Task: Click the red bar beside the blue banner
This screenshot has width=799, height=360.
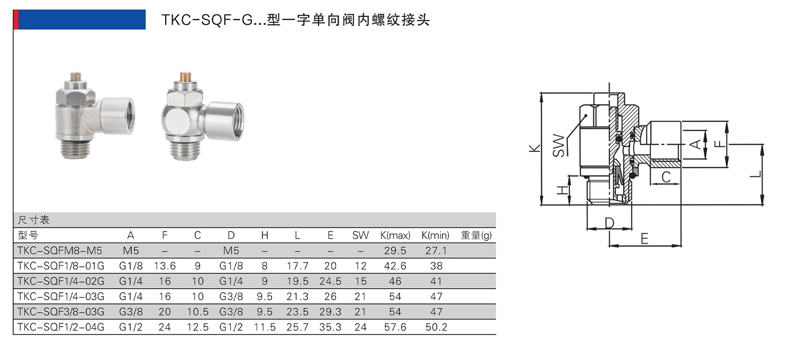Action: [x=16, y=20]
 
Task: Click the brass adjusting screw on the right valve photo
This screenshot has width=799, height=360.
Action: [x=185, y=77]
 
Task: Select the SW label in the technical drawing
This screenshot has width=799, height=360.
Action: [x=558, y=145]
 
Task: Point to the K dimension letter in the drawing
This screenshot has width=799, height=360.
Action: [x=534, y=148]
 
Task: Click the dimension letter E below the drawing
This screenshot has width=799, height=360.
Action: [x=644, y=239]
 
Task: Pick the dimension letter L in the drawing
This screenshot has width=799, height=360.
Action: [x=757, y=173]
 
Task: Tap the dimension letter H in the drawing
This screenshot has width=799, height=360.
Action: [x=562, y=190]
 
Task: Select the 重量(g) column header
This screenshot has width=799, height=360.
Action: [x=476, y=236]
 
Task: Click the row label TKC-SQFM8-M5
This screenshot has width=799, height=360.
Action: [x=59, y=251]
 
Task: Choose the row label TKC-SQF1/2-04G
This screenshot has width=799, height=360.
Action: [x=61, y=327]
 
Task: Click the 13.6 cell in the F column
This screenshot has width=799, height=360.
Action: [x=165, y=266]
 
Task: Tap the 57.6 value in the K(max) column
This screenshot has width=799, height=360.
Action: [x=395, y=327]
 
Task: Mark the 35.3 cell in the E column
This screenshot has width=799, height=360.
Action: [x=330, y=327]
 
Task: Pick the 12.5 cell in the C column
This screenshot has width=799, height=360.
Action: [x=197, y=327]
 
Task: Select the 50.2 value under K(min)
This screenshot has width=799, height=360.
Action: [x=436, y=327]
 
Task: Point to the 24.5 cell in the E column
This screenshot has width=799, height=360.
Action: [x=330, y=282]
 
